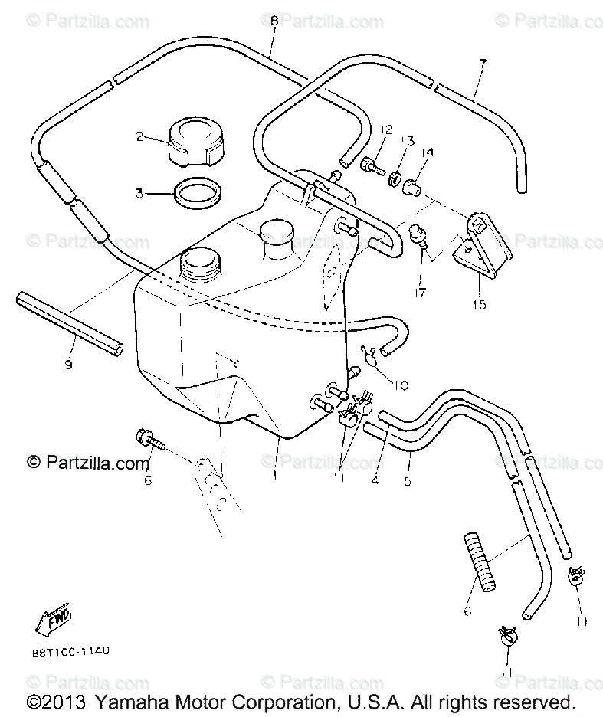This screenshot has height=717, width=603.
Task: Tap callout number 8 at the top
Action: (274, 21)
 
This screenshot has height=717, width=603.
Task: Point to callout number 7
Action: (482, 64)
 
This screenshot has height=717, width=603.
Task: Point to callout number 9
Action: (69, 365)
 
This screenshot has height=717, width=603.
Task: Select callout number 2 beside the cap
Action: (139, 137)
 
